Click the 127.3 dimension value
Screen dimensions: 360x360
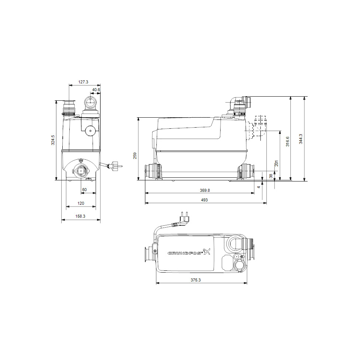84,82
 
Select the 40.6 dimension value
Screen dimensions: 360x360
96,90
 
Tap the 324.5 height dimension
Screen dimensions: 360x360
53,140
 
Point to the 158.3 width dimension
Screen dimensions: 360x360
80,217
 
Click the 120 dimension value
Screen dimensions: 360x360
81,203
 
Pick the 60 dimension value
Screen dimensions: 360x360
84,190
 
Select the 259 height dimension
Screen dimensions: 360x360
135,156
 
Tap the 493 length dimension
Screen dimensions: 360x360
204,200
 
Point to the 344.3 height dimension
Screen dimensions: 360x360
301,139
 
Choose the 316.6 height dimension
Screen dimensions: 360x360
288,141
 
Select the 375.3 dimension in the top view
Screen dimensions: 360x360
201,280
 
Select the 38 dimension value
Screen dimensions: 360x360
271,176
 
